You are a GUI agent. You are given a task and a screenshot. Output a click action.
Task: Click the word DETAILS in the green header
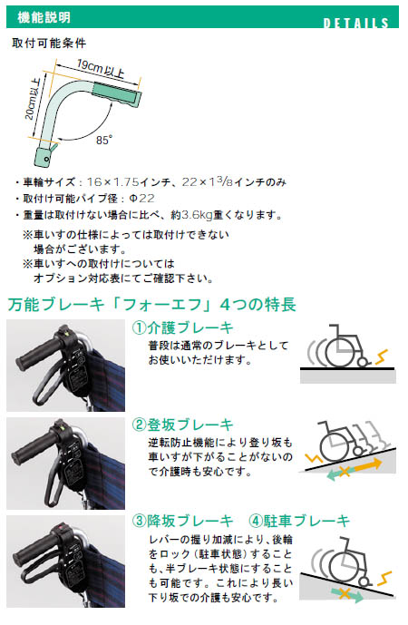click(x=355, y=23)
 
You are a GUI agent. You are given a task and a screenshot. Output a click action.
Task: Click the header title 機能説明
click(x=44, y=17)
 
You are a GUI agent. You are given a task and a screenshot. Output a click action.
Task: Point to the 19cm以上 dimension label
click(x=101, y=69)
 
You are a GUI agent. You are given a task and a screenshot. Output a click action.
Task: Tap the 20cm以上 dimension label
click(x=34, y=99)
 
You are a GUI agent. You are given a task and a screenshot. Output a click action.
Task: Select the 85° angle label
click(x=104, y=140)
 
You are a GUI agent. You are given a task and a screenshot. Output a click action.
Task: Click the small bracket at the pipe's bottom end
click(x=44, y=155)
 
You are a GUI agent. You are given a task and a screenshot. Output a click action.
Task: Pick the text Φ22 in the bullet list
click(x=141, y=198)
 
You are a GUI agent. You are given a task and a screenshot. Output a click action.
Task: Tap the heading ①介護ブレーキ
click(x=182, y=327)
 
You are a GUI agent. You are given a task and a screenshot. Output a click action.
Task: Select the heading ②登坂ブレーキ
click(x=182, y=425)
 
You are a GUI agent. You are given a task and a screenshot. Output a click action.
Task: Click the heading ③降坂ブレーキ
click(x=182, y=521)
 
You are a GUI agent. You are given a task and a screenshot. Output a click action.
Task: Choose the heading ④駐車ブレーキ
click(x=299, y=521)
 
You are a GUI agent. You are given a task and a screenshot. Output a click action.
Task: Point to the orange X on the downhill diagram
click(x=344, y=593)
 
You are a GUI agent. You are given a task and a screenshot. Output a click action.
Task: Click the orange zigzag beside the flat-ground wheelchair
click(x=382, y=356)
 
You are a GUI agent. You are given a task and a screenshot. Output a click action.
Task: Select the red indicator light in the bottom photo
click(x=62, y=529)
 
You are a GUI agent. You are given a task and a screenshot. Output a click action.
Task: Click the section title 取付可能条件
click(x=49, y=43)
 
